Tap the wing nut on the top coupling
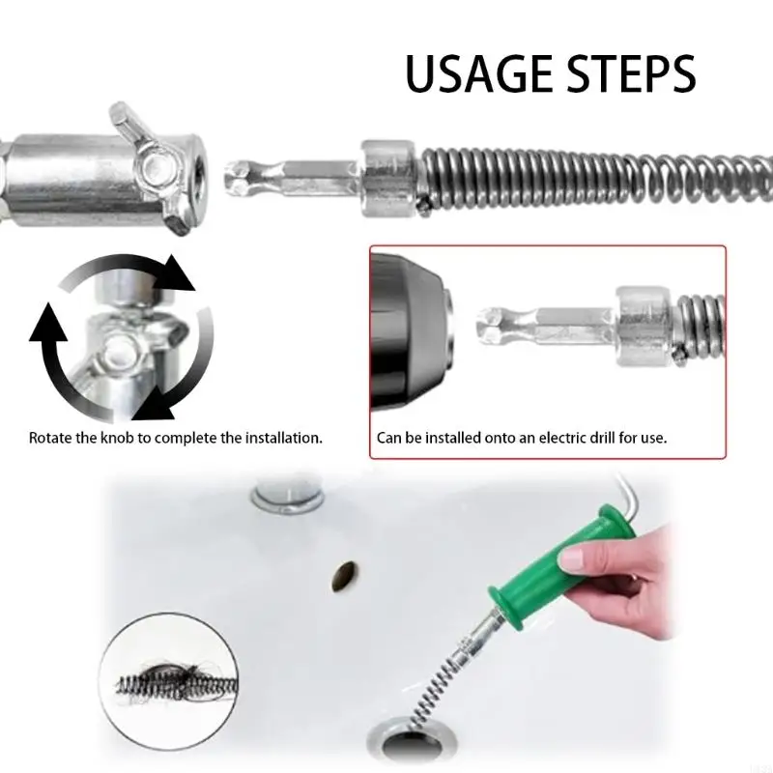152,166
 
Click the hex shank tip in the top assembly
240,179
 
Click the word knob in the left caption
117,438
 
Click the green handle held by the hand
560,567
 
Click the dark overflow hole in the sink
345,576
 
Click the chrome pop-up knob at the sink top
287,495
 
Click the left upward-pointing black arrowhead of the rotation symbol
47,323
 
